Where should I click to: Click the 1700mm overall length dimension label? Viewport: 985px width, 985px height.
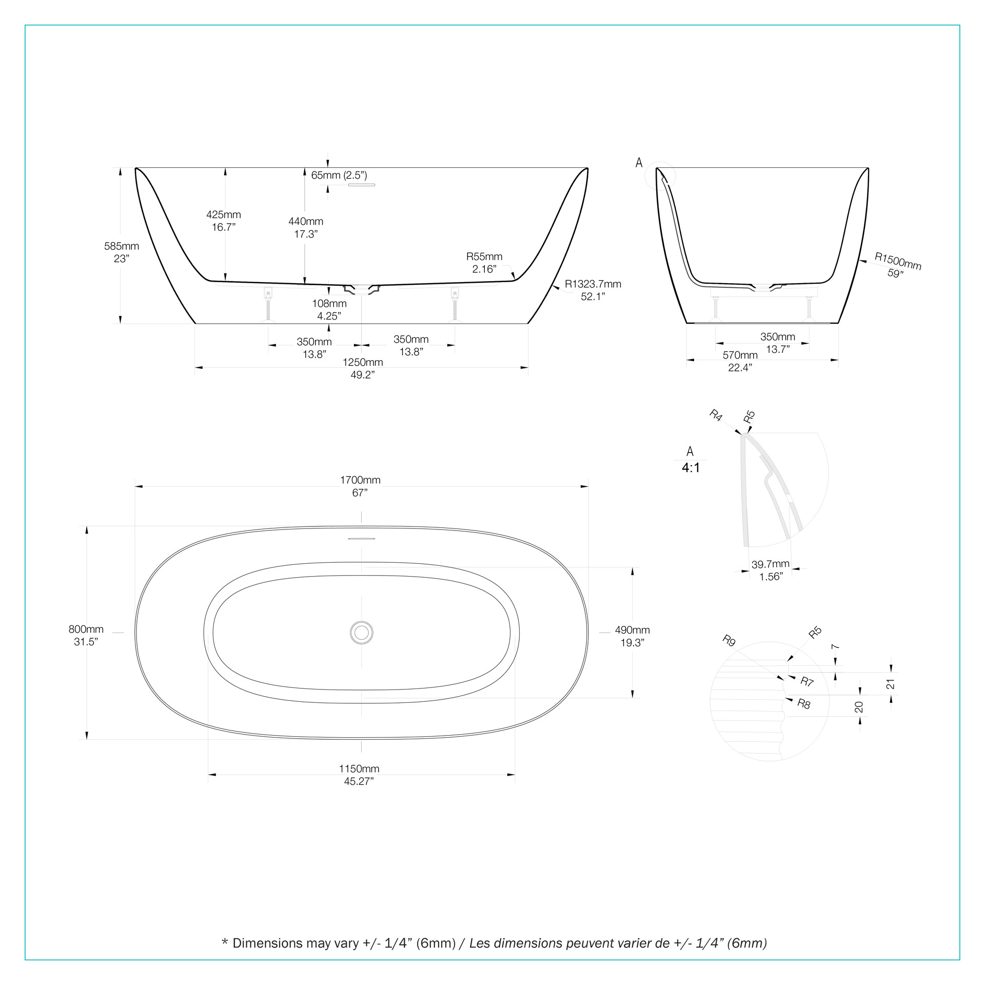pyautogui.click(x=360, y=480)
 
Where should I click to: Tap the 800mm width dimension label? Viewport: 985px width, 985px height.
pyautogui.click(x=86, y=629)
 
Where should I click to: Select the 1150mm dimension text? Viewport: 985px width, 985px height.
pyautogui.click(x=359, y=769)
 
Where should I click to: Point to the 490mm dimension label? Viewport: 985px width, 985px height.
pyautogui.click(x=632, y=630)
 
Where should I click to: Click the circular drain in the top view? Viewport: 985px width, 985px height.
pyautogui.click(x=362, y=633)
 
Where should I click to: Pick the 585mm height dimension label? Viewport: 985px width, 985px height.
pyautogui.click(x=122, y=246)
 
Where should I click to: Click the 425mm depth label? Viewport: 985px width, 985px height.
pyautogui.click(x=224, y=215)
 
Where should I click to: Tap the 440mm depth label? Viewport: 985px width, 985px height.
pyautogui.click(x=306, y=222)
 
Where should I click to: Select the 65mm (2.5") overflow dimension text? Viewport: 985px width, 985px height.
pyautogui.click(x=339, y=175)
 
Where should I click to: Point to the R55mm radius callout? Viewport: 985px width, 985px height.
pyautogui.click(x=484, y=257)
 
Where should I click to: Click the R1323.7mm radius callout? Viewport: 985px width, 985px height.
pyautogui.click(x=593, y=284)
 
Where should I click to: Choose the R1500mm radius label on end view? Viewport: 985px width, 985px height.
pyautogui.click(x=898, y=261)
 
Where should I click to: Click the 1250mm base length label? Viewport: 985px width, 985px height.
pyautogui.click(x=363, y=362)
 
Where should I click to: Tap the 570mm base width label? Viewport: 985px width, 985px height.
pyautogui.click(x=740, y=355)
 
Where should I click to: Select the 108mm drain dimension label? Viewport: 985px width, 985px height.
pyautogui.click(x=329, y=304)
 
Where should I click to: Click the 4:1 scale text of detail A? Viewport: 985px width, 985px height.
pyautogui.click(x=691, y=468)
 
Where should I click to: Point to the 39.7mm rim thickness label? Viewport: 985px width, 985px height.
pyautogui.click(x=770, y=564)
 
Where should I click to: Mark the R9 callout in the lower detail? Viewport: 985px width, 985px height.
pyautogui.click(x=729, y=640)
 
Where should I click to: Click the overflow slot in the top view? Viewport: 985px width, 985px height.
pyautogui.click(x=362, y=539)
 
